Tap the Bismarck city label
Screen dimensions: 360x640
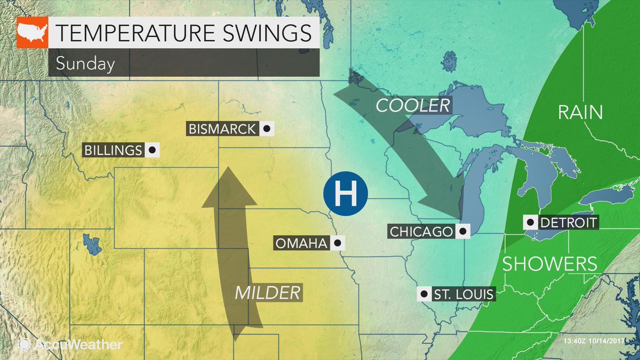tap(222, 129)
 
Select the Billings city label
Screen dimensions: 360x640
tap(114, 150)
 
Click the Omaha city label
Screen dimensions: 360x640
tap(301, 244)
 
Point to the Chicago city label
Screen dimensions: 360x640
tap(421, 231)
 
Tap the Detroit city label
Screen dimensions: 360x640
tap(568, 222)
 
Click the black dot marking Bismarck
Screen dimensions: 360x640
tap(266, 129)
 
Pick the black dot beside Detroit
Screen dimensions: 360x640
tap(531, 222)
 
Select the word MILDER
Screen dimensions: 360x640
tap(267, 292)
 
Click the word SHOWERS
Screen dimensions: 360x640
tap(549, 263)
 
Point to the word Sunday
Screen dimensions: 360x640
tap(85, 64)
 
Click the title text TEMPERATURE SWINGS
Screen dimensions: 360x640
tap(183, 33)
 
